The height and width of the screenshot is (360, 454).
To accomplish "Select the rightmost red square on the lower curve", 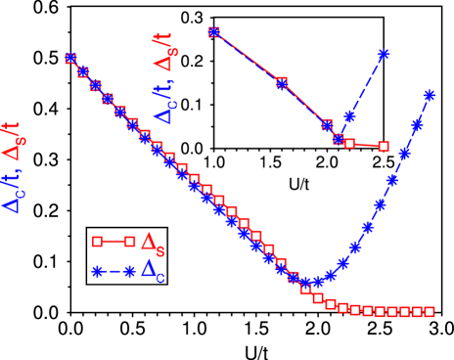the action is click(429, 312).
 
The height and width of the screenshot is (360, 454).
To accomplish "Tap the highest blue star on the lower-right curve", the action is click(429, 96).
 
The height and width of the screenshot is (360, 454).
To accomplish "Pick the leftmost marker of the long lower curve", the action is click(70, 59).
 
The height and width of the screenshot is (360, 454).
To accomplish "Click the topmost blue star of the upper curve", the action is click(384, 55).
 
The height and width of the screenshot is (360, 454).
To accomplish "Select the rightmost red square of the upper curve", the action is click(384, 147).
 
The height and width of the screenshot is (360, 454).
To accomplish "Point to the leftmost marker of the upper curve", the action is click(214, 32).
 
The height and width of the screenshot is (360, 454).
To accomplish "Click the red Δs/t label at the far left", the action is click(12, 143).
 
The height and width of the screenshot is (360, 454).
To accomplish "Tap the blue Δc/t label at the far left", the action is click(12, 193).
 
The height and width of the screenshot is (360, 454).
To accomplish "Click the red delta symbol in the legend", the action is click(149, 241).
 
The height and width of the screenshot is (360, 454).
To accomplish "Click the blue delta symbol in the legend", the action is click(149, 269).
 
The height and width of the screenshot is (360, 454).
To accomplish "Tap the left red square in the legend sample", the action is click(97, 242).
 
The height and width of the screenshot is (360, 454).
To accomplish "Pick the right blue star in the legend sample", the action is click(129, 271).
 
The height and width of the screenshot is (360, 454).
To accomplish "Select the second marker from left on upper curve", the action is click(282, 83).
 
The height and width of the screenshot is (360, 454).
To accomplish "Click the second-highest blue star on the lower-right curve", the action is click(417, 126).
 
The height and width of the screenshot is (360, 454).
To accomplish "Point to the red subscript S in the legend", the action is click(160, 252).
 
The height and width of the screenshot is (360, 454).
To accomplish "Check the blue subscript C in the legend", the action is click(160, 279).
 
